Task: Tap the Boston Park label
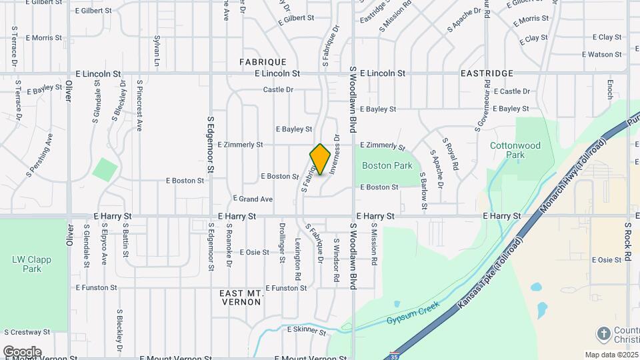(x=387, y=165)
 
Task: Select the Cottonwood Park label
(x=515, y=150)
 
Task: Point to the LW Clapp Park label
(x=27, y=264)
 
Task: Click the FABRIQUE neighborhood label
(x=263, y=62)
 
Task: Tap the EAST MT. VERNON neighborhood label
(x=241, y=297)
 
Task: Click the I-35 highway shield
(x=396, y=355)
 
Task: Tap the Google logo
(x=22, y=351)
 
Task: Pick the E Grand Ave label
(x=253, y=199)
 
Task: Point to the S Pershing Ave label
(x=39, y=155)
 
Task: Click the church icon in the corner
(x=604, y=333)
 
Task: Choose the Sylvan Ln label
(x=157, y=51)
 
